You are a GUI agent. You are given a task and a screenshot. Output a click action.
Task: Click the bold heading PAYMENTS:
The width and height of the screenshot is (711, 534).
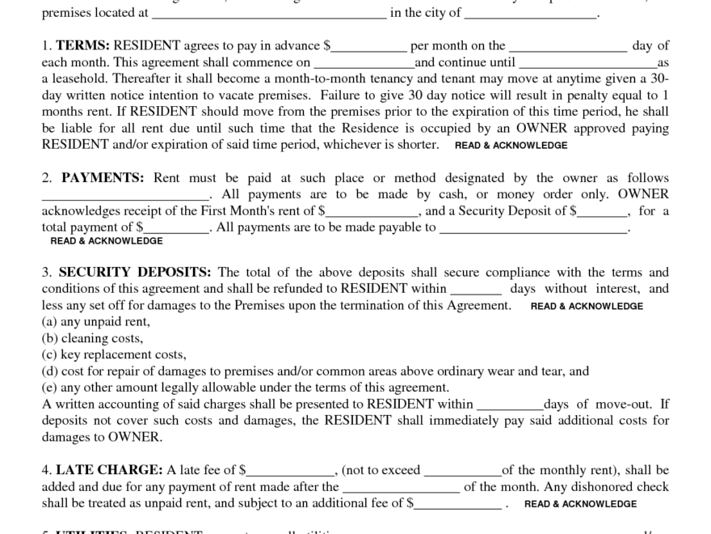click(103, 178)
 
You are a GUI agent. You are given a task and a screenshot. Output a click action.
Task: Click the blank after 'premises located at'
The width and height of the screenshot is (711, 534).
click(269, 14)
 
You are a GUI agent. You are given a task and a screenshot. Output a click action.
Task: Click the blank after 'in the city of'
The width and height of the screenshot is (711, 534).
click(531, 14)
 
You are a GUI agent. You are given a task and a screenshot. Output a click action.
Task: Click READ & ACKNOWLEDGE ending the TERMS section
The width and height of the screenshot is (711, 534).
click(511, 146)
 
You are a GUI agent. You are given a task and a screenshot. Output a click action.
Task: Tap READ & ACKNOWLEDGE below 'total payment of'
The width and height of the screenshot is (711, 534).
click(107, 241)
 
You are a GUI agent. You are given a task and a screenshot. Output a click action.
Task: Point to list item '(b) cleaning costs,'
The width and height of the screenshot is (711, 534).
click(92, 338)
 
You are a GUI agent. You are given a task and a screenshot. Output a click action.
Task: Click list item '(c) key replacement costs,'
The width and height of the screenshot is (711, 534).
click(114, 354)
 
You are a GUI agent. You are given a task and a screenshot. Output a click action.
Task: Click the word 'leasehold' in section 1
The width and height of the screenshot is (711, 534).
click(83, 79)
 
